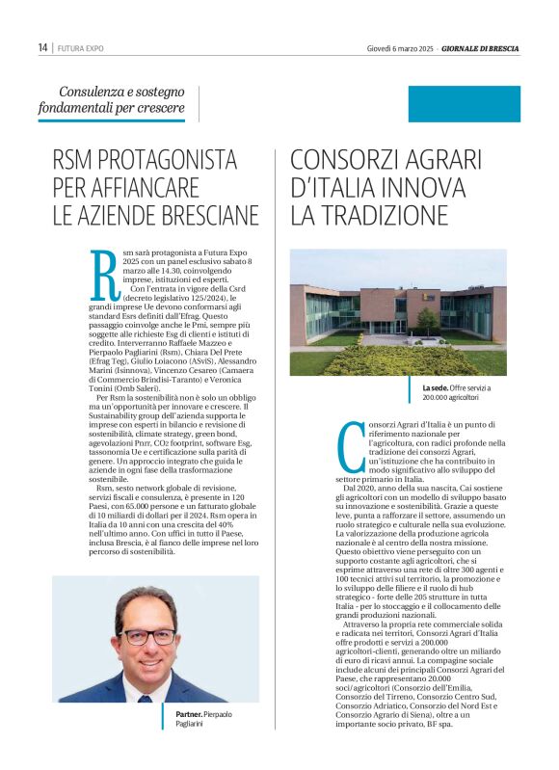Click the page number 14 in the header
pos(43,47)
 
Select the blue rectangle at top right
pos(464,103)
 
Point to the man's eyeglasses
pos(148,637)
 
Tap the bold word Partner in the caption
pos(190,714)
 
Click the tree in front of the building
pos(427,319)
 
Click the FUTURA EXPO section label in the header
pos(81,48)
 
